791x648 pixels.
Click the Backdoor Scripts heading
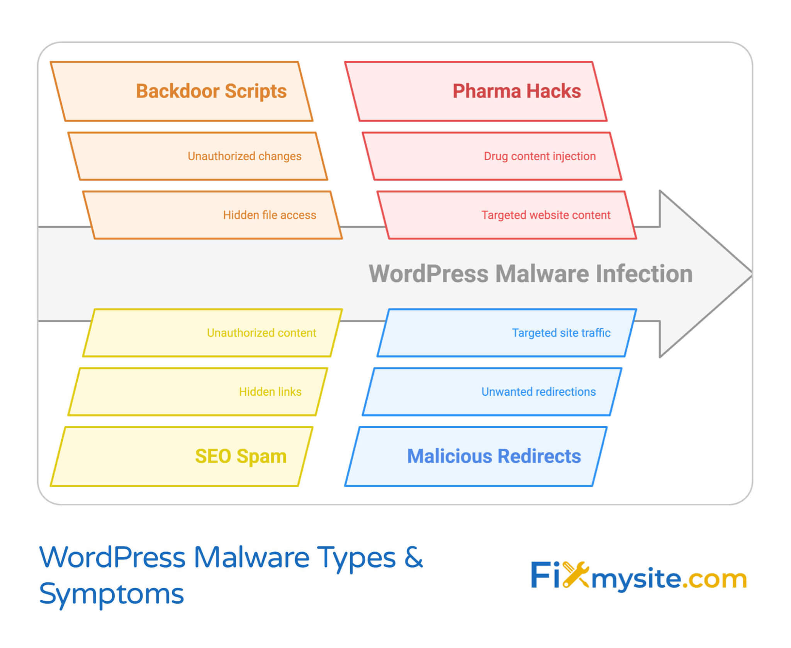(211, 91)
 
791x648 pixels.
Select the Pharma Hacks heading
(516, 91)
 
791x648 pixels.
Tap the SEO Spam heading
(241, 456)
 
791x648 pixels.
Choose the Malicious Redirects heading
(494, 456)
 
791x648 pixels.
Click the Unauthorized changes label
(244, 156)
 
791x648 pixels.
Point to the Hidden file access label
(269, 215)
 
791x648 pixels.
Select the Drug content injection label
(540, 156)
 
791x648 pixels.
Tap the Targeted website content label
(545, 215)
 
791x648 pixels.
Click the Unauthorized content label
(261, 333)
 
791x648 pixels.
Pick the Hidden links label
(270, 391)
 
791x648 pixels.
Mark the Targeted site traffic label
(561, 333)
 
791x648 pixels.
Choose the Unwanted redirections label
(538, 391)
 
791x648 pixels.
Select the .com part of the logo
(714, 579)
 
